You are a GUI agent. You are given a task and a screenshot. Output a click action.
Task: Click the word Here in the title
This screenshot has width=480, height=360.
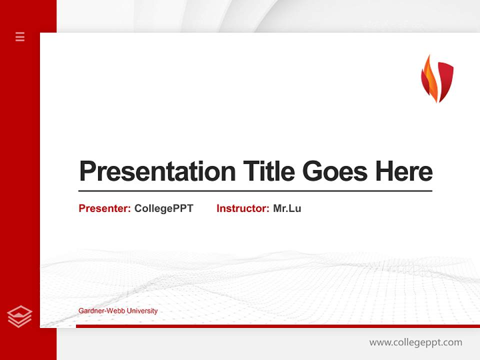pos(403,171)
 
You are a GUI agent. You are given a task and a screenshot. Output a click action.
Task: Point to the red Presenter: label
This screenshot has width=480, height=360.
pos(104,208)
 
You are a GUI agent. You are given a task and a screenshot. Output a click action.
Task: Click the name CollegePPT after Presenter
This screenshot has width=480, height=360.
pos(163,208)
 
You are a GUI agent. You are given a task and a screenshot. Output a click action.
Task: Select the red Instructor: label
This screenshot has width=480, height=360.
pos(242,208)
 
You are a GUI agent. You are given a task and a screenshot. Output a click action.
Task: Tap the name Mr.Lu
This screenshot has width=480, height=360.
pos(287,208)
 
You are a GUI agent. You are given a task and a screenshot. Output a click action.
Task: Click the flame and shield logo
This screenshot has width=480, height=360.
pos(437,78)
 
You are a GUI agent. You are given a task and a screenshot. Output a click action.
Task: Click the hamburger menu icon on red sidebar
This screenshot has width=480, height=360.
pos(20,36)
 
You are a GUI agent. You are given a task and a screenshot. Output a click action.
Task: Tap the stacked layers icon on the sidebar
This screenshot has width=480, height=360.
pos(20,316)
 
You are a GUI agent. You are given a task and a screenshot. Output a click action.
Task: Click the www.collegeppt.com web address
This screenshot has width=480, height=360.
pos(415,342)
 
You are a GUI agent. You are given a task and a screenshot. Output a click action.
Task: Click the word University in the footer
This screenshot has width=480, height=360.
pos(142,311)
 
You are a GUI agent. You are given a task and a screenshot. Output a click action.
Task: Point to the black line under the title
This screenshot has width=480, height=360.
pos(255,190)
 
